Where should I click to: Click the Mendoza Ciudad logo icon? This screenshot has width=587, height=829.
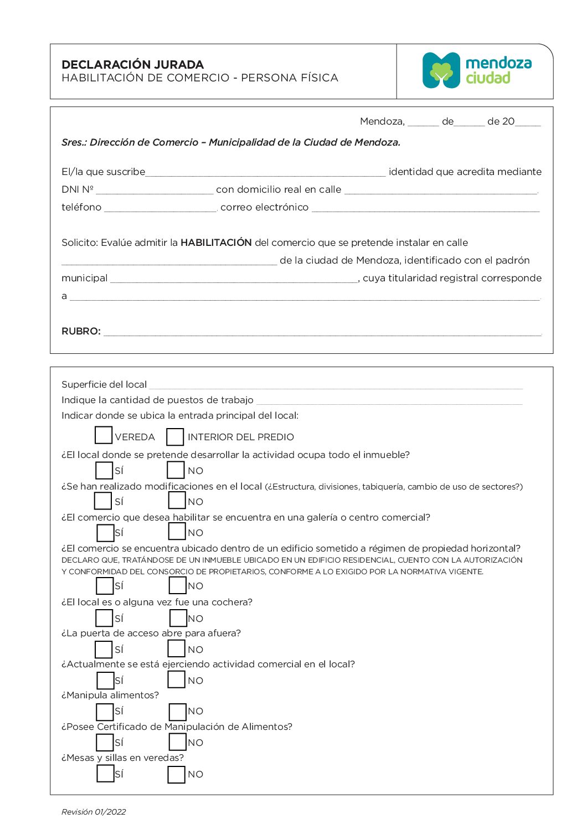click(x=441, y=71)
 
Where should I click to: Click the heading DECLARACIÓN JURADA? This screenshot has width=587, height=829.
click(x=133, y=64)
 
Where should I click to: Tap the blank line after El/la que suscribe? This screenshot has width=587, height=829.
click(x=265, y=172)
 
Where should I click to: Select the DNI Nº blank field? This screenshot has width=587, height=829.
click(x=155, y=190)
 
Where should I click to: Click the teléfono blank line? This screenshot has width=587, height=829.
click(x=161, y=208)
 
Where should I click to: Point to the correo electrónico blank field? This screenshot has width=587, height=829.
click(x=425, y=208)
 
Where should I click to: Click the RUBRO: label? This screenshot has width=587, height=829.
click(x=81, y=331)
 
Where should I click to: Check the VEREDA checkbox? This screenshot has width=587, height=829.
click(x=104, y=435)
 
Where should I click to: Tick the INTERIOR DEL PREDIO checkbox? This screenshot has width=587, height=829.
click(x=175, y=436)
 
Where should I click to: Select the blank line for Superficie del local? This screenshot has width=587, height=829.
click(x=336, y=385)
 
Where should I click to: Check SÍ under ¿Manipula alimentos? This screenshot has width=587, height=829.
click(x=105, y=712)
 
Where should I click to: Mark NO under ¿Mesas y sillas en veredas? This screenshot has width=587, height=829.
click(x=177, y=774)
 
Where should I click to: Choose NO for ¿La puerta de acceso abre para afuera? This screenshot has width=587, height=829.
click(x=177, y=648)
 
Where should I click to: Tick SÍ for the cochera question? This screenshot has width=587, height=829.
click(x=104, y=617)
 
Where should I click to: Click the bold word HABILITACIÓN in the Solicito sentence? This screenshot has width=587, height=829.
click(x=216, y=243)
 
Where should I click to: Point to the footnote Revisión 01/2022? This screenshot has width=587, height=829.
click(x=94, y=812)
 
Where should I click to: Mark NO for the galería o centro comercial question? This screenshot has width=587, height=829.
click(x=177, y=532)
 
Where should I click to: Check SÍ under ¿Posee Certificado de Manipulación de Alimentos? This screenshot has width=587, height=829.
click(x=105, y=742)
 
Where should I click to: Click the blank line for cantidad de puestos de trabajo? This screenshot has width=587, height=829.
click(x=389, y=400)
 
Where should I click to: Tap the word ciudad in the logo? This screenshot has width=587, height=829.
click(x=488, y=78)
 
